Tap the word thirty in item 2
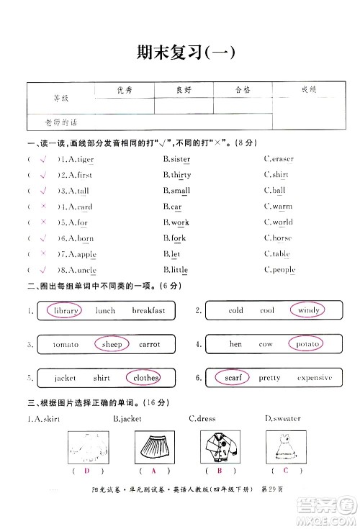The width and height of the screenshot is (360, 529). click(181, 175)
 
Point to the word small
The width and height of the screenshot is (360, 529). click(180, 191)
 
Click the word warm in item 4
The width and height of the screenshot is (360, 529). click(282, 207)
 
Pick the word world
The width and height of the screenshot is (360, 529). click(282, 222)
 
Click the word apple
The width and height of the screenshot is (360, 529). click(86, 254)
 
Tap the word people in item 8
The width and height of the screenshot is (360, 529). click(283, 270)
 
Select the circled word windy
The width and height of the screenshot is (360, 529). click(308, 311)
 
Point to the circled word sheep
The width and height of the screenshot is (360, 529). click(112, 344)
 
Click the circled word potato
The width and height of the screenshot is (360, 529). click(307, 344)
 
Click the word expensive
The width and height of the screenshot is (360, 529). click(314, 377)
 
